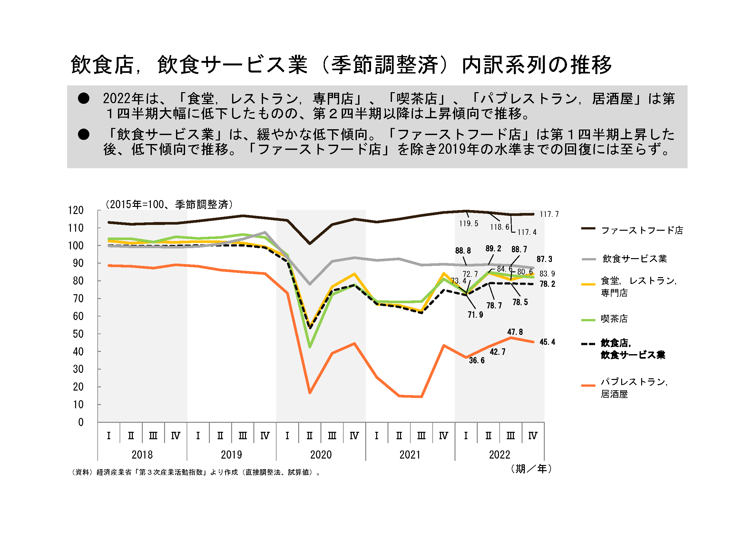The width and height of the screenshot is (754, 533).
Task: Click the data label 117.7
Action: click(549, 214)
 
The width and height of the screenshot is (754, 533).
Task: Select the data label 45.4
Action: click(547, 342)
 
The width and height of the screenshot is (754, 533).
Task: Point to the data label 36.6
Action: click(476, 360)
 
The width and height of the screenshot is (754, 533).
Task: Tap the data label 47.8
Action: click(515, 332)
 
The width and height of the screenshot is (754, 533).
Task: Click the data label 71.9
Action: click(475, 315)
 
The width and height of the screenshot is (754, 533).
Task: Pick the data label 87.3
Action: click(544, 259)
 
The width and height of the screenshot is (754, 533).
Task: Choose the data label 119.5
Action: click(469, 224)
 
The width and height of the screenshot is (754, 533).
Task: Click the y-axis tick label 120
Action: click(75, 210)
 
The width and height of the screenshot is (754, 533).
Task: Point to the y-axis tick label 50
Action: click(78, 334)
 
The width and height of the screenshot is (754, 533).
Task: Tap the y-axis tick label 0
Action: click(81, 422)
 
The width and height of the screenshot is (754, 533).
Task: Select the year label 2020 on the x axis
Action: click(321, 455)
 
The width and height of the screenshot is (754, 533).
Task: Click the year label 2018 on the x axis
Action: click(142, 455)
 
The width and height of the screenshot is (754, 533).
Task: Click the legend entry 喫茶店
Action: click(614, 319)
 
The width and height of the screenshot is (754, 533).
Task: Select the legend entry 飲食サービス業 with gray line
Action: click(634, 259)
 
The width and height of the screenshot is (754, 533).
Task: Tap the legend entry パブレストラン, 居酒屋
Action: click(633, 388)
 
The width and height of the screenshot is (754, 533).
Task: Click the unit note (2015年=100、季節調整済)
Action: click(169, 205)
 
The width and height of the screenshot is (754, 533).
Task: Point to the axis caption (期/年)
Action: click(531, 469)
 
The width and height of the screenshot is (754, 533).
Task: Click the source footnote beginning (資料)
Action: click(196, 472)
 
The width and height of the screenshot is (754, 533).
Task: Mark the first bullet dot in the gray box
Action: click(84, 99)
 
